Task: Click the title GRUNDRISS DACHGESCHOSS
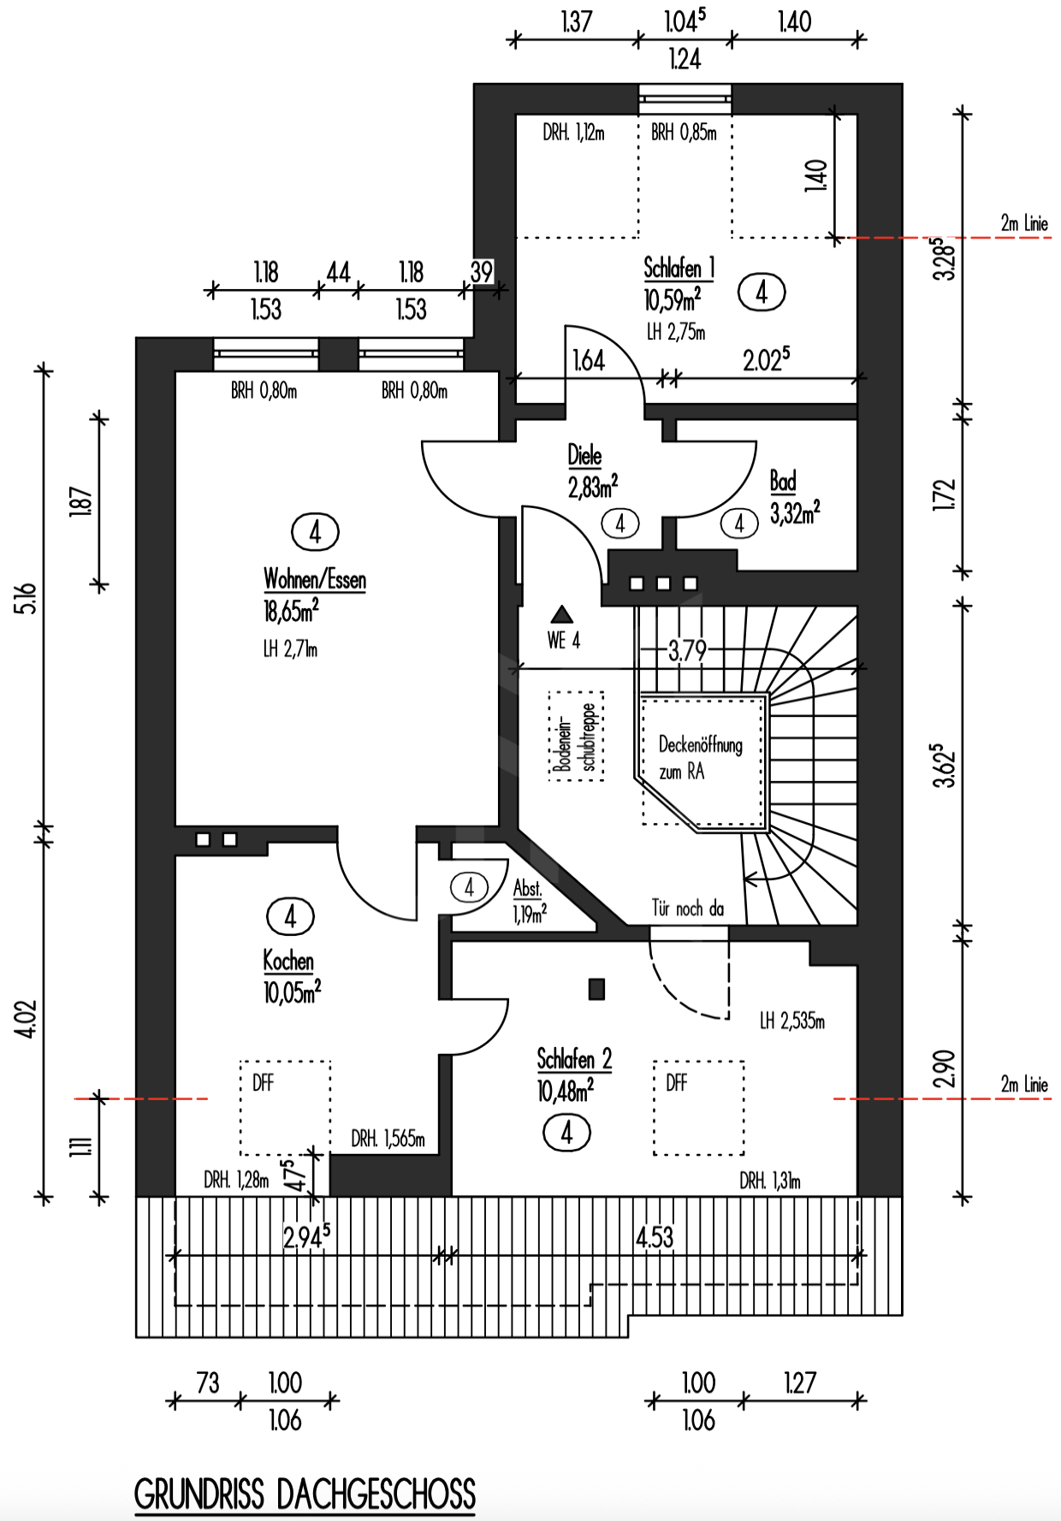coord(305,1494)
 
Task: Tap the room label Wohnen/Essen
coord(315,579)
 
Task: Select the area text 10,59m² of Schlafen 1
coord(673,299)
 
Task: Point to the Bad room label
coord(783,481)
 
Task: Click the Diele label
coord(584,455)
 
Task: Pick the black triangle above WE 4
coord(561,614)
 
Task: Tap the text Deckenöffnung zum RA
coord(700,758)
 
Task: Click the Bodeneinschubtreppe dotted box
coord(576,736)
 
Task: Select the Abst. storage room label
coord(527,888)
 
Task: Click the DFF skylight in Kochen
coord(285,1108)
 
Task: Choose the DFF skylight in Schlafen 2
coord(699,1108)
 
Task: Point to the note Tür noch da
coord(687,908)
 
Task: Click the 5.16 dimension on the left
coord(27,598)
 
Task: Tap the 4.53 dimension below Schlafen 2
coord(655,1237)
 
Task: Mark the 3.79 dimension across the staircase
coord(688,651)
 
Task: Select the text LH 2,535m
coord(792,1021)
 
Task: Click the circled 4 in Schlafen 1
coord(762,293)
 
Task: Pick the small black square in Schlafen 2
coord(596,989)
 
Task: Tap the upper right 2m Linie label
coord(1024,223)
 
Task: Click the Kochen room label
coord(288,961)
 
